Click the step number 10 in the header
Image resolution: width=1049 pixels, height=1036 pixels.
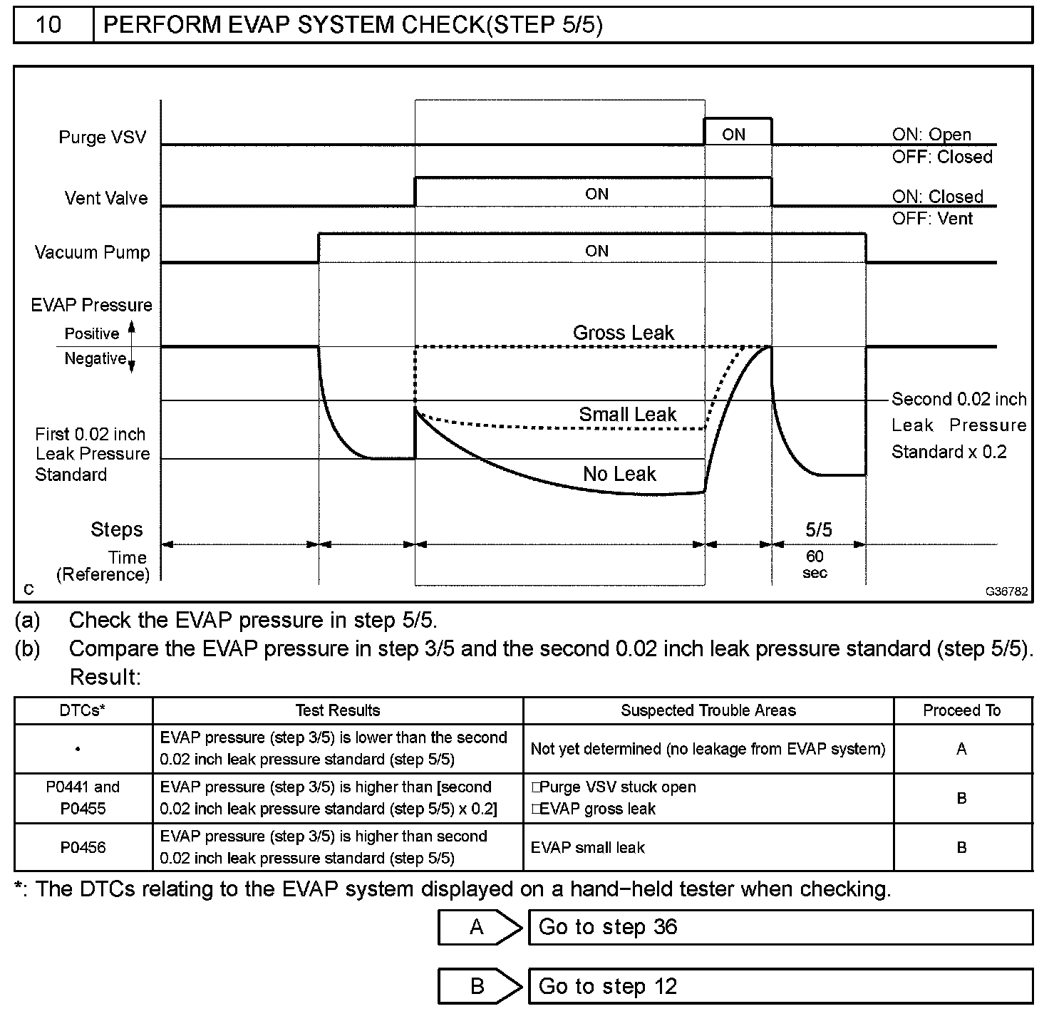click(x=48, y=25)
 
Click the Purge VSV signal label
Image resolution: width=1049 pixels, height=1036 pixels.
click(x=103, y=138)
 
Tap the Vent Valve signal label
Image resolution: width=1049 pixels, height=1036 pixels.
click(x=106, y=198)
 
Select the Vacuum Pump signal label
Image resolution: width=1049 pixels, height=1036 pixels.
click(x=93, y=252)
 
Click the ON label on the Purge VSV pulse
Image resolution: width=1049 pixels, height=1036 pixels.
click(x=733, y=135)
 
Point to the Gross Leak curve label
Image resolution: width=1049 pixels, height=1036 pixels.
click(x=623, y=333)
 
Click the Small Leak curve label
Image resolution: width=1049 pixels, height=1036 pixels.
click(x=627, y=415)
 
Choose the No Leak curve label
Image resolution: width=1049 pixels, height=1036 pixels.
click(x=619, y=474)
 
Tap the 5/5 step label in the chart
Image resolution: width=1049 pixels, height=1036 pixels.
click(x=818, y=529)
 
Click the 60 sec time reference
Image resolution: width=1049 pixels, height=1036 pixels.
click(x=815, y=564)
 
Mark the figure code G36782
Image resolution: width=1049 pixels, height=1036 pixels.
click(x=1007, y=591)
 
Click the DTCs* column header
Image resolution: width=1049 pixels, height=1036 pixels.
click(x=83, y=710)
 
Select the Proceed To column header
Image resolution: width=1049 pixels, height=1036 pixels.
click(x=961, y=710)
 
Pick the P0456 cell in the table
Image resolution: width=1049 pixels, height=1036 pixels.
click(x=83, y=847)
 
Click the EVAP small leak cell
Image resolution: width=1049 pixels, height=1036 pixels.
click(x=588, y=847)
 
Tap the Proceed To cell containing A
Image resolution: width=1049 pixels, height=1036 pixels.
click(x=961, y=749)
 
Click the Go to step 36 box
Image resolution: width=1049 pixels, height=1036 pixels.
click(x=780, y=927)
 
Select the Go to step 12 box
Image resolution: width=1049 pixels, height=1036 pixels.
click(x=780, y=986)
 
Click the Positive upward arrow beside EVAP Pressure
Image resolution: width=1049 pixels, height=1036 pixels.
click(x=131, y=331)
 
